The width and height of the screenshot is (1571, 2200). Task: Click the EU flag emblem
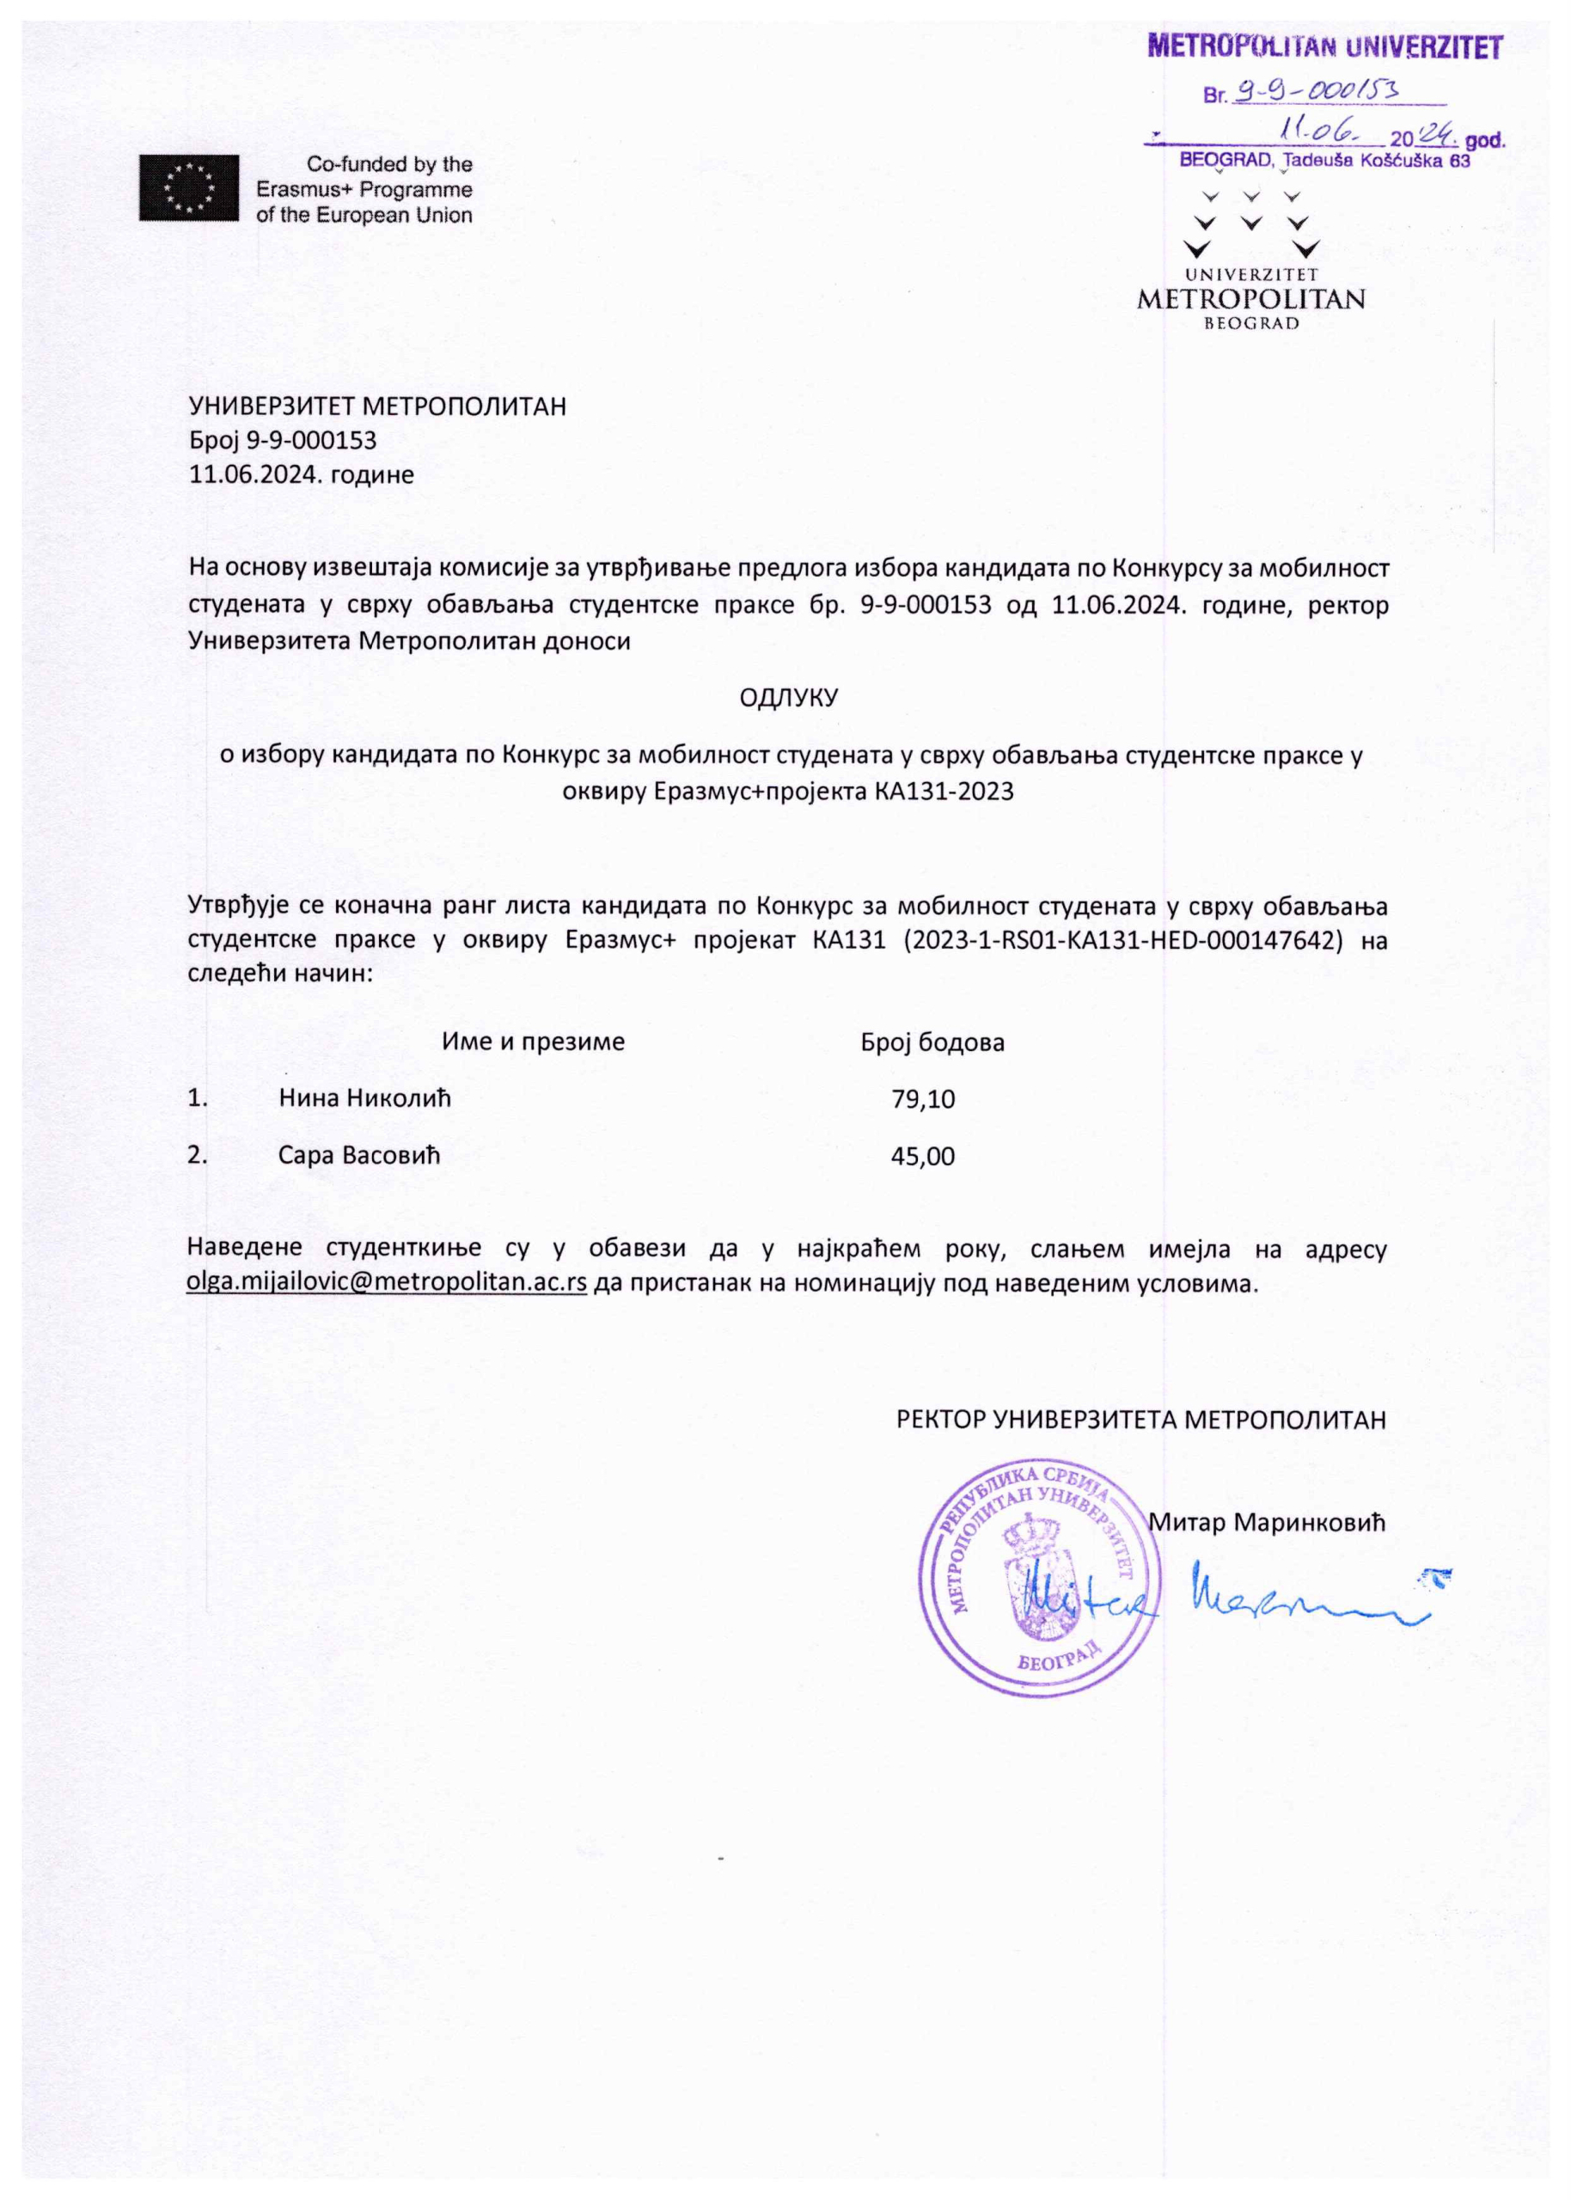point(187,187)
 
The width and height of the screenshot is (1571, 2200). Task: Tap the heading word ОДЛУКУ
point(787,698)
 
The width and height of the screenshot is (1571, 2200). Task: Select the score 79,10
point(923,1099)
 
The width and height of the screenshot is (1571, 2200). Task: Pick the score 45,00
point(923,1157)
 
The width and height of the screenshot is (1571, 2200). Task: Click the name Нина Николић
point(364,1098)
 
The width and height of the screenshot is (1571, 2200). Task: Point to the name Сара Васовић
point(359,1156)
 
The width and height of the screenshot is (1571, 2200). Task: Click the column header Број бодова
point(932,1042)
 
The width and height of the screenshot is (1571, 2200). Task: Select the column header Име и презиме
point(533,1042)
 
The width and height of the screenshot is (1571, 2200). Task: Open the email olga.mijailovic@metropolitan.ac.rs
point(386,1284)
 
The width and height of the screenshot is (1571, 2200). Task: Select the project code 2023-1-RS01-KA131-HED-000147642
point(1122,940)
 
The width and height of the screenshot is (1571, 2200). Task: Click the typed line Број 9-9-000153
point(283,441)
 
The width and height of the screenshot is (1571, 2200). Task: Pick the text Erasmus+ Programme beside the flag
point(364,190)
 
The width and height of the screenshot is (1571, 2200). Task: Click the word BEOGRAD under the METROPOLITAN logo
point(1250,324)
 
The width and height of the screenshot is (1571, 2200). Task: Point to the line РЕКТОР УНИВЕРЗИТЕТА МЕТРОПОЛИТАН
point(1141,1420)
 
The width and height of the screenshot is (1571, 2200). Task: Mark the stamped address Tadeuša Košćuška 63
point(1376,162)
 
